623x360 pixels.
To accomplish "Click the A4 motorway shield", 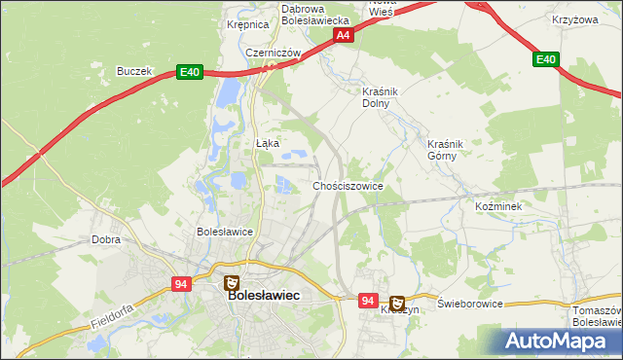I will pos(343,35).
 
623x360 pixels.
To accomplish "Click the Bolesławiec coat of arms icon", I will pos(231,283).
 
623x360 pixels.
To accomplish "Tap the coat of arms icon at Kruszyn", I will pos(397,303).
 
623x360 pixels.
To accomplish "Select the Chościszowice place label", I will pos(348,186).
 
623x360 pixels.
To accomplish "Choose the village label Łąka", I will pos(267,143).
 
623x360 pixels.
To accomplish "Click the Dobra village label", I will pos(105,238).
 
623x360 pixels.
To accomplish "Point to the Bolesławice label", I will pos(225,232).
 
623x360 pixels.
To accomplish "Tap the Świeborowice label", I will pos(470,304).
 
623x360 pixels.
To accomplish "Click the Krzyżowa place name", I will pos(573,20).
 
